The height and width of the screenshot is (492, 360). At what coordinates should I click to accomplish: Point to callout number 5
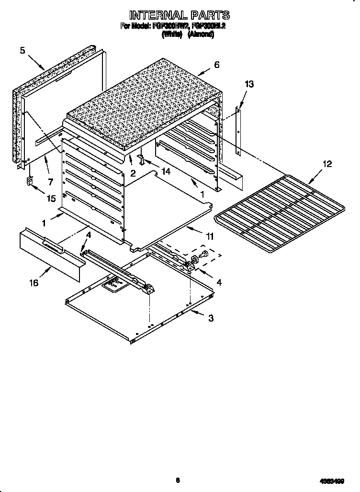pos(23,50)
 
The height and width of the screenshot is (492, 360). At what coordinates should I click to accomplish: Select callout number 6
pos(217,64)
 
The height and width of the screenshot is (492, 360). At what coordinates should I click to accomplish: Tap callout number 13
pos(249,84)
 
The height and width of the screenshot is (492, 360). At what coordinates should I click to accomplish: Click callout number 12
pos(327,164)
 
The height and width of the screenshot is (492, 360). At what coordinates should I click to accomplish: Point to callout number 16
pos(33,283)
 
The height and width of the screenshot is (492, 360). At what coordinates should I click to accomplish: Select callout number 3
pos(210,318)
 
